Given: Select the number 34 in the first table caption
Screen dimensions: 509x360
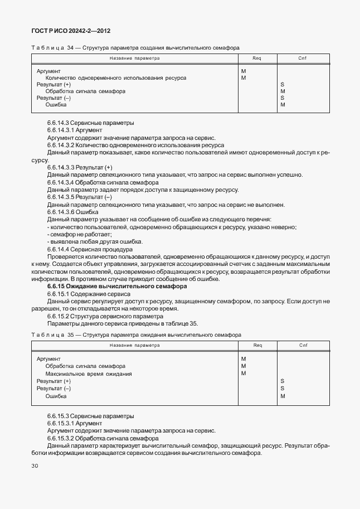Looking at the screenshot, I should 70,48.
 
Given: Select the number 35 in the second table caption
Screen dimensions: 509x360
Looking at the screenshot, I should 70,335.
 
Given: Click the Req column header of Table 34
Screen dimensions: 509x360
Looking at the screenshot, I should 257,58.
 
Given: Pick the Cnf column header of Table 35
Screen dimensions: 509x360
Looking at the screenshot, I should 303,345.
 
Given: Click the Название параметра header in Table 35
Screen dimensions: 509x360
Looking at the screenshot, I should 134,345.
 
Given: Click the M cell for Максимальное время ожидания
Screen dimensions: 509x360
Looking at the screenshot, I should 244,374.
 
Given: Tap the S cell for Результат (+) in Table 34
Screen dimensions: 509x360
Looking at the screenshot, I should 283,85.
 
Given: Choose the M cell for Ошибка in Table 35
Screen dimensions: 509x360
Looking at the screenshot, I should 283,396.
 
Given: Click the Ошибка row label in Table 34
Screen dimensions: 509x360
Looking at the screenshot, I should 56,105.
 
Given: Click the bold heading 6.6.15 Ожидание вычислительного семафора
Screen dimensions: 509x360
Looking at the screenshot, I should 117,286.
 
